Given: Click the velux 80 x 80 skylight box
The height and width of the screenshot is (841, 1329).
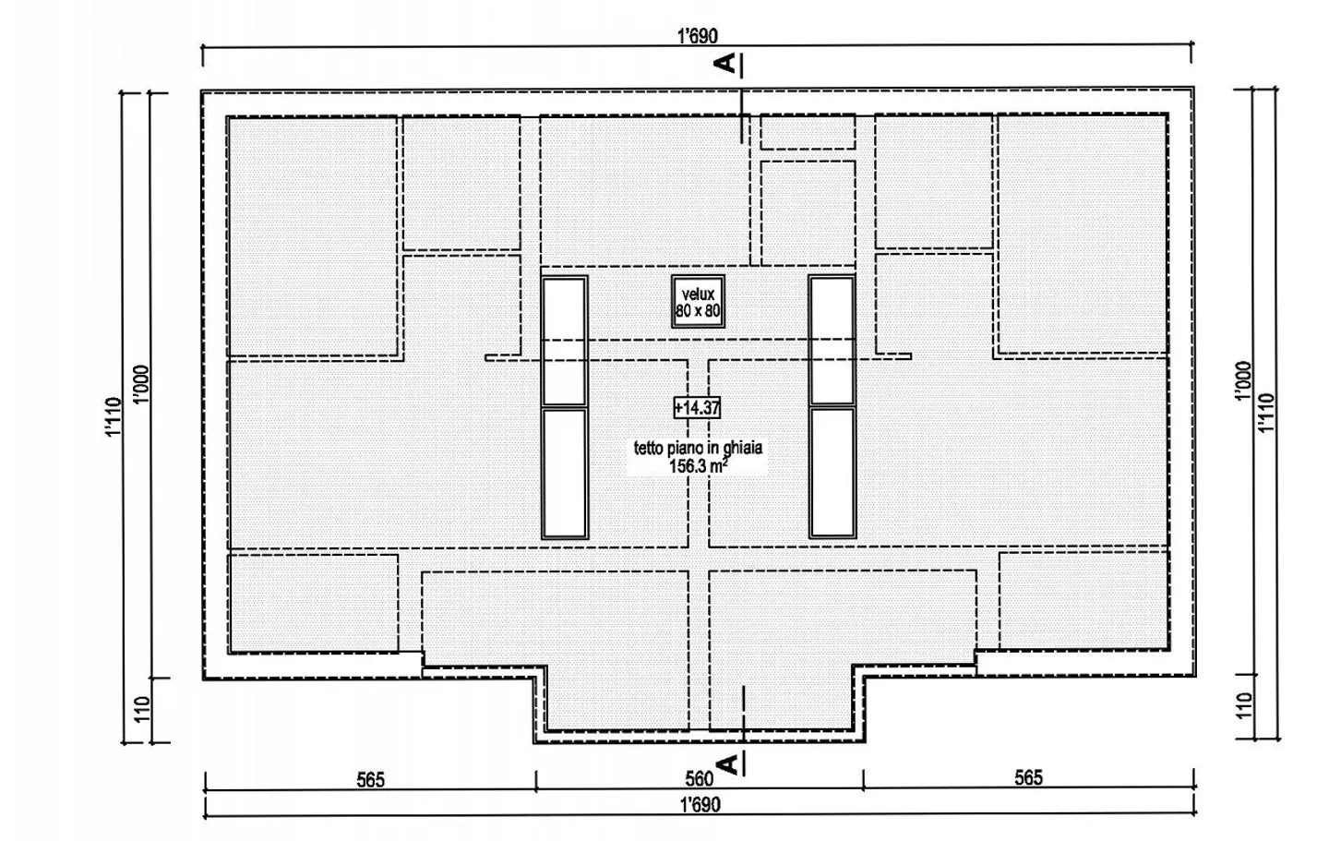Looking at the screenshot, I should tap(698, 302).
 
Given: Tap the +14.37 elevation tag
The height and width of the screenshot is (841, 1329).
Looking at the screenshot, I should tap(697, 407).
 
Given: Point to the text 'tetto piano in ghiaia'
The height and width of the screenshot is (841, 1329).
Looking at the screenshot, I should tap(698, 449).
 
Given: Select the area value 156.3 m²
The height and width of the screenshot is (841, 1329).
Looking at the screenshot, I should tap(698, 466).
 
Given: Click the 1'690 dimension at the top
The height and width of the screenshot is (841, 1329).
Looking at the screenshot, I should tap(697, 37).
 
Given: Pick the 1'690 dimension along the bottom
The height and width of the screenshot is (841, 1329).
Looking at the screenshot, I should tap(700, 805).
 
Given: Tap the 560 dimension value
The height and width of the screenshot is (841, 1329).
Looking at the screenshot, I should tap(699, 779).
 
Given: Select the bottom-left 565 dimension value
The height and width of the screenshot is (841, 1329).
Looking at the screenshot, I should tap(370, 780).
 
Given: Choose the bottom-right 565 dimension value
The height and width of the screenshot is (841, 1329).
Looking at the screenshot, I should tap(1028, 777).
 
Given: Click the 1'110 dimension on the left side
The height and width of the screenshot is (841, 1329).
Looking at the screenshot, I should tap(113, 416).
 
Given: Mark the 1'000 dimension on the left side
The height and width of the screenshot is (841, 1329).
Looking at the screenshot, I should tap(140, 384).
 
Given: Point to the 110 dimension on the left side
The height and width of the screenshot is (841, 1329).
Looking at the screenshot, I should tap(141, 709).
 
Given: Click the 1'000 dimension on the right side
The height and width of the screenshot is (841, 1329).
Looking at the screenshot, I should tap(1243, 380).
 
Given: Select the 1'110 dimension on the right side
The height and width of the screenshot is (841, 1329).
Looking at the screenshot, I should tap(1266, 413).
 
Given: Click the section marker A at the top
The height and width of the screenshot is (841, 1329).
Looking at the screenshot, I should tap(727, 63).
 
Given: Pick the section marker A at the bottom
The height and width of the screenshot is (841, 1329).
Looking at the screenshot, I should tap(727, 764).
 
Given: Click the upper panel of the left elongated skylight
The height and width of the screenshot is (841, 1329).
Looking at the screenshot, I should tap(564, 340).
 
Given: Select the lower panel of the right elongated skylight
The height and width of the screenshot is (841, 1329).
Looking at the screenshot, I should tap(832, 472).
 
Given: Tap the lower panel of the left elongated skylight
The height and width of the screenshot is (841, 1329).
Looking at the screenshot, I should tap(564, 472).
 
